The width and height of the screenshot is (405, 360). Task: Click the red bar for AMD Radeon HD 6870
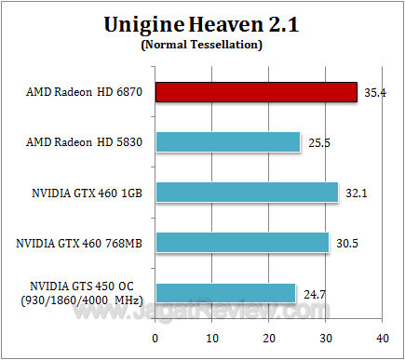pos(256,91)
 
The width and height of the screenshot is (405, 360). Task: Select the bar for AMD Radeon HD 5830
pos(228,141)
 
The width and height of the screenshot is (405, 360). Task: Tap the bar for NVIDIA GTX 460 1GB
pos(247,192)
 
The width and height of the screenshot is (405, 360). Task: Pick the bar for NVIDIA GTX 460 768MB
pos(242,242)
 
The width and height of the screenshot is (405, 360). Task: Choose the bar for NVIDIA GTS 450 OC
pos(225,292)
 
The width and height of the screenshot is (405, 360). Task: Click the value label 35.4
pos(376,93)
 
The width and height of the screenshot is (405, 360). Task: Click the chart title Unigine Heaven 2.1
pos(202,24)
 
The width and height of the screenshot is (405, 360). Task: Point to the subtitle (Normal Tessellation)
pos(202,45)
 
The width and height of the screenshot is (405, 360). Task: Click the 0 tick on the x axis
pos(155,336)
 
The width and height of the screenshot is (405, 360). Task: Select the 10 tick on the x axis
pos(212,336)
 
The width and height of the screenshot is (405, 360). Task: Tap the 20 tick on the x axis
pos(269,336)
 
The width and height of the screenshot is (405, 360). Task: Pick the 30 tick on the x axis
pos(325,336)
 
